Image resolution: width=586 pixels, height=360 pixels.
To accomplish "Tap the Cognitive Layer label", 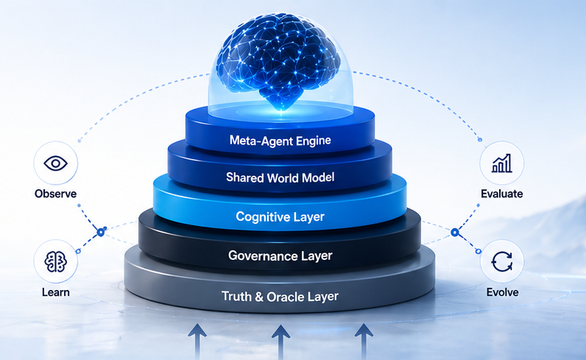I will tap(280, 216).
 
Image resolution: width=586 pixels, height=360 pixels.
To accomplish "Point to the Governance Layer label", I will tap(280, 256).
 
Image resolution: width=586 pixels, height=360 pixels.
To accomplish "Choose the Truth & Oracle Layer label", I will tap(280, 297).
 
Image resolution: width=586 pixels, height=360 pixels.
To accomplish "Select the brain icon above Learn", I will tap(55, 261).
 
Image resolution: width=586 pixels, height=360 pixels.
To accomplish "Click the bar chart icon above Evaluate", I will tap(502, 163).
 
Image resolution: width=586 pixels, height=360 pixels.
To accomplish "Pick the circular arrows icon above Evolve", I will tap(502, 261).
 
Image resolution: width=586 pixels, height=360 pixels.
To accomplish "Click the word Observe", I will tap(55, 194).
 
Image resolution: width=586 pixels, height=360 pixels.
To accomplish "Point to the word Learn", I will tap(55, 292).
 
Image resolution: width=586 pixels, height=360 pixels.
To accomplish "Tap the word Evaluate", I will tap(502, 194).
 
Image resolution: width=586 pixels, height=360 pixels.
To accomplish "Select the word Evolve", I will tap(502, 292).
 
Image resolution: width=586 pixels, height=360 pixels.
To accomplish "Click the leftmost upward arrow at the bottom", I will tap(198, 340).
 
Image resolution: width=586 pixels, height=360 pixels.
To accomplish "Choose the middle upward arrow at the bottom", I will tap(280, 340).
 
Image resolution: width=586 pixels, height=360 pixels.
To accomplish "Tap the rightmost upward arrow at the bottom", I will tap(364, 340).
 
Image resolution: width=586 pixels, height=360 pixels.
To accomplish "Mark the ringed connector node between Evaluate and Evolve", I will tap(456, 233).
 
